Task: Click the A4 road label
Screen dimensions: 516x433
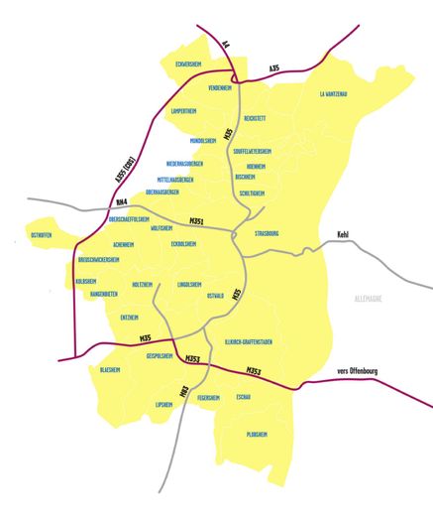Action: [225, 44]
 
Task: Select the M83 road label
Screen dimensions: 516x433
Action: [183, 392]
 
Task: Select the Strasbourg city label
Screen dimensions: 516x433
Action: [270, 234]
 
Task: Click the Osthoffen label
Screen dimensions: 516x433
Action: [42, 235]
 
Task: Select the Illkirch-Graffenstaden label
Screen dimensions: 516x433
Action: [249, 341]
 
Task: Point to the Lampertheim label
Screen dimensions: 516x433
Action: [186, 111]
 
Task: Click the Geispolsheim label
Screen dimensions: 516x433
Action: [160, 355]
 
